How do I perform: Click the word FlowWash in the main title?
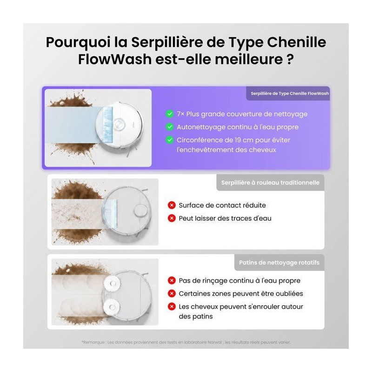(115, 60)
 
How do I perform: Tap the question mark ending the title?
(290, 60)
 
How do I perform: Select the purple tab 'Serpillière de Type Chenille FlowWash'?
(288, 93)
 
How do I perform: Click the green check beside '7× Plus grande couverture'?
(170, 114)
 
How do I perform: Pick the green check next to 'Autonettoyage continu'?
(170, 127)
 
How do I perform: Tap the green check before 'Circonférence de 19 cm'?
(170, 140)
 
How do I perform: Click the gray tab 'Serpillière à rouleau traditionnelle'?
(270, 183)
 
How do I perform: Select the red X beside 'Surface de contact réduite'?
(172, 205)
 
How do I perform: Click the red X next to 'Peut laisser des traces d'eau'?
(172, 218)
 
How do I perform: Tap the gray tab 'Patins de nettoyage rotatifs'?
(279, 263)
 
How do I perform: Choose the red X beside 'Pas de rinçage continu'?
(172, 280)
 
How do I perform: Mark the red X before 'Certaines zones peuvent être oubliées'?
(172, 293)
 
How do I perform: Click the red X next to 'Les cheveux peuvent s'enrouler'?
(172, 306)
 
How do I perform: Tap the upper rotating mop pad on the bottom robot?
(112, 283)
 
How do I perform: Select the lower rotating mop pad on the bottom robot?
(112, 307)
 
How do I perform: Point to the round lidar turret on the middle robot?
(141, 211)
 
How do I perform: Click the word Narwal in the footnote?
(215, 342)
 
